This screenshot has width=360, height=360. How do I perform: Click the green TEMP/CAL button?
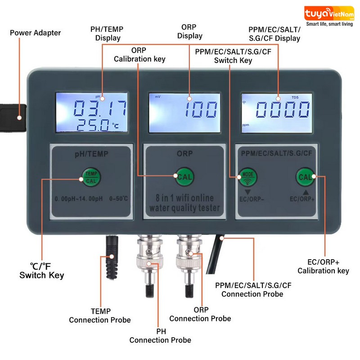pos(91,177)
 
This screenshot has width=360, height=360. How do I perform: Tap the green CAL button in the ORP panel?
pos(184,176)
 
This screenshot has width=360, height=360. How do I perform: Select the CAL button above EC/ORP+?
pos(305,177)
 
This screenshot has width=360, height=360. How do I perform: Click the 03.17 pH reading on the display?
pos(100,108)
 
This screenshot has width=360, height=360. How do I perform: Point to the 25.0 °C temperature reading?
pos(97,125)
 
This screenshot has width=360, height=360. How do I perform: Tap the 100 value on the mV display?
pos(201,109)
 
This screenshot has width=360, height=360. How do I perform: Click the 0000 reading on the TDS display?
pos(283,109)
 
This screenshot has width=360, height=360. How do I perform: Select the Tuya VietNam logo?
pos(329,16)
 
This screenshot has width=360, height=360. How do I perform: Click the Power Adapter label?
pos(36,33)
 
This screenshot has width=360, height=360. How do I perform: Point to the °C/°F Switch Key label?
pos(41,271)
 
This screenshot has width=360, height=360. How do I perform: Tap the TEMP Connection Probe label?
pos(100,315)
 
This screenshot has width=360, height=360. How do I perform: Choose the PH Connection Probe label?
pos(160,336)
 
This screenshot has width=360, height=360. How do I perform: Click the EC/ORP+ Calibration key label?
pos(323,266)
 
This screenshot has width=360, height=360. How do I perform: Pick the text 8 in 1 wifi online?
pos(184,198)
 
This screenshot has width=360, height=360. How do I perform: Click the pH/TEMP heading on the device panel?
pos(91,154)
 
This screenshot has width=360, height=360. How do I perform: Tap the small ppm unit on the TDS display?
pos(246,125)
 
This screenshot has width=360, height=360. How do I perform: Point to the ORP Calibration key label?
pos(139,54)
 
